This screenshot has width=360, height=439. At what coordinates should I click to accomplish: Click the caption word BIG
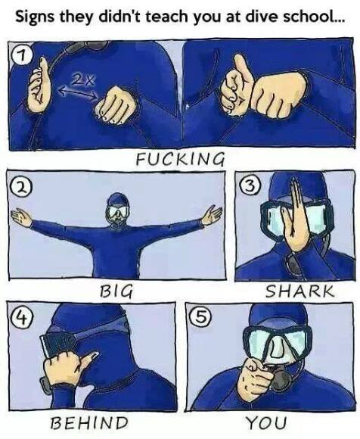click(116, 291)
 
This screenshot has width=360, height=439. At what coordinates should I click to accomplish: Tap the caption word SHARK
click(299, 291)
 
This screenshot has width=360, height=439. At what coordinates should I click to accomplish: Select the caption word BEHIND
click(89, 423)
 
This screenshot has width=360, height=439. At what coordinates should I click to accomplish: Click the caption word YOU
click(265, 423)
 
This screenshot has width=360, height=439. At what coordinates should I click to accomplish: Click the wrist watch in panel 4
click(45, 385)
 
